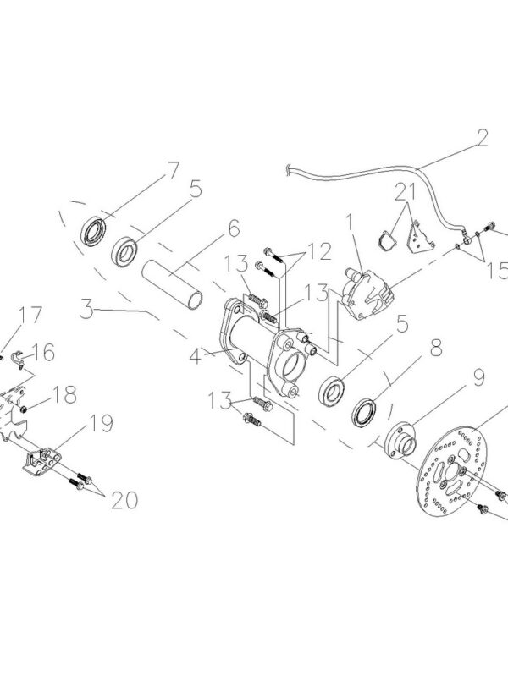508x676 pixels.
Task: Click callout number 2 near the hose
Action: point(482,138)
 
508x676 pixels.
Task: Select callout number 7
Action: point(173,169)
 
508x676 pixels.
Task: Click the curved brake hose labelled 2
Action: point(364,173)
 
